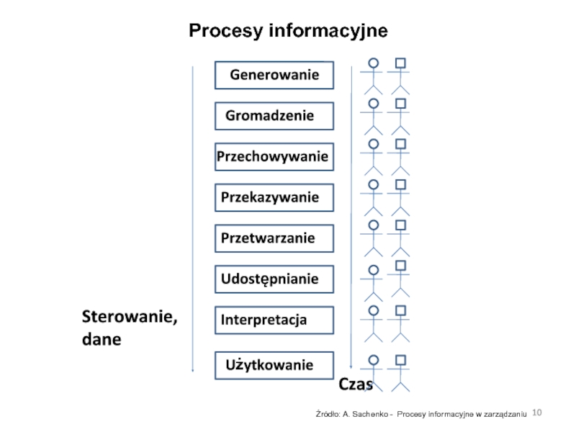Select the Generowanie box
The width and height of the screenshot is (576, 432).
(274, 75)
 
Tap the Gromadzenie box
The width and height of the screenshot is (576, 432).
(274, 116)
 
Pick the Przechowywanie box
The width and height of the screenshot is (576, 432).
(274, 156)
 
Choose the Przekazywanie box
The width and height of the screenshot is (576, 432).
(274, 197)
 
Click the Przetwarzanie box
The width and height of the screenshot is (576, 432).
(274, 238)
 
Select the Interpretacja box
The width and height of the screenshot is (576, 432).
(274, 320)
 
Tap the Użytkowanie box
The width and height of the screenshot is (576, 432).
(274, 365)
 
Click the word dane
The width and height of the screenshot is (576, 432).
(102, 338)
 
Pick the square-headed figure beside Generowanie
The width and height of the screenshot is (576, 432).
(400, 75)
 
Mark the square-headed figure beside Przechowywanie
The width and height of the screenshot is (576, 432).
(400, 156)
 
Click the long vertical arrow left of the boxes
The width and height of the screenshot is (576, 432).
(193, 216)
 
